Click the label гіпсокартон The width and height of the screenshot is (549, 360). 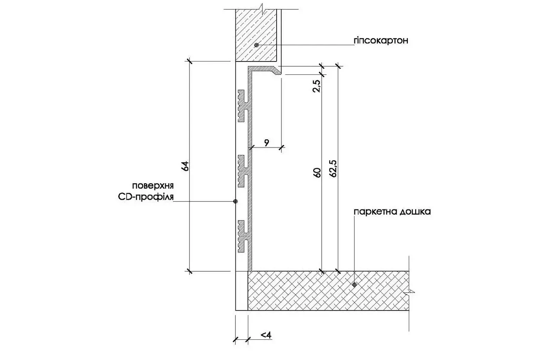coord(381,41)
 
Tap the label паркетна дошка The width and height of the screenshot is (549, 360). coord(392,212)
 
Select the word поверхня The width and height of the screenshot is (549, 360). coord(153,186)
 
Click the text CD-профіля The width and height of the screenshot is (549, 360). coord(146,197)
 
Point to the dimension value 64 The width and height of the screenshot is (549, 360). coord(185,166)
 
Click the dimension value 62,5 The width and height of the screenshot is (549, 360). coord(333,168)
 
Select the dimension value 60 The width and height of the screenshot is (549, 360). coord(317,172)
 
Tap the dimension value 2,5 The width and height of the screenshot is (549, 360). coord(316,86)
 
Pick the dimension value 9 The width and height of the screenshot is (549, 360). coord(267,142)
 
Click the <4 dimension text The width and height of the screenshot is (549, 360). coord(266,335)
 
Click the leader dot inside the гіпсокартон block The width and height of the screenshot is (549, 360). coord(256,45)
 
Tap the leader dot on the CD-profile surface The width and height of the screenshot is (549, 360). coord(235,201)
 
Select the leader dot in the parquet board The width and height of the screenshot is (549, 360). coord(354,285)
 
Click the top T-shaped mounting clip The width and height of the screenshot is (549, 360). coord(244,106)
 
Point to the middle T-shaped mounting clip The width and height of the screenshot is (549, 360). coord(244,171)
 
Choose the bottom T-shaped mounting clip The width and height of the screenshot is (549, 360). coord(244,236)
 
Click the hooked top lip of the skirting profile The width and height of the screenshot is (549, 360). coord(265,69)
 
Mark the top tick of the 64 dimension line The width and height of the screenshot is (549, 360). coord(189,61)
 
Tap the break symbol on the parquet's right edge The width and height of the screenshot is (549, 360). coord(411,291)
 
